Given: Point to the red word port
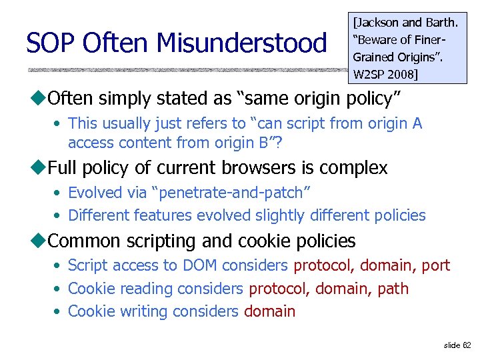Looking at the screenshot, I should (436, 265).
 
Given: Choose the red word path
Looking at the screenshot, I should (393, 289).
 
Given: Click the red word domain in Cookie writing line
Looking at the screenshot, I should (269, 311).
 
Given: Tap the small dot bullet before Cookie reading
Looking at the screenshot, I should (59, 289).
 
